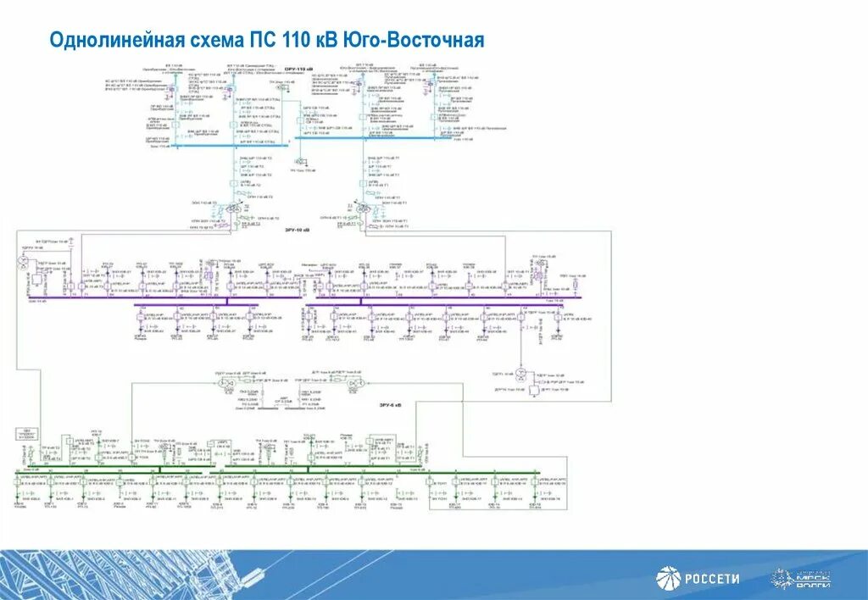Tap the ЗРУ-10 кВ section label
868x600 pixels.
[297, 229]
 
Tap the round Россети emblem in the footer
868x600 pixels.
[668, 579]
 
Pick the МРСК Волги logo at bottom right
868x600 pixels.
[800, 580]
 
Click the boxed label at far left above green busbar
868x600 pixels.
[29, 435]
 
